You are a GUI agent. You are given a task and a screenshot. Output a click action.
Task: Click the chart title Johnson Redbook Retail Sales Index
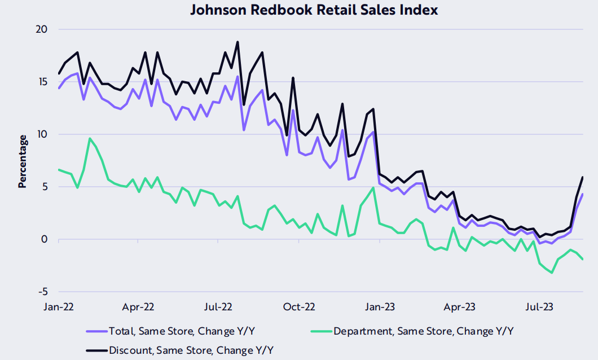tap(314, 10)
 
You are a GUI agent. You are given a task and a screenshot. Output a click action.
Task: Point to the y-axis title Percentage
tap(23, 161)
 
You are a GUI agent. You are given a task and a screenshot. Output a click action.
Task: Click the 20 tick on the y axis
tap(42, 29)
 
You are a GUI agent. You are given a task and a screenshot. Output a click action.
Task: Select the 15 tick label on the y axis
tap(42, 82)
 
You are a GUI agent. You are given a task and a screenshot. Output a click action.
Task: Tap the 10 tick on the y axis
tap(42, 134)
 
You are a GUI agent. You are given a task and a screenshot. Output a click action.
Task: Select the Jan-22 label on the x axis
tap(59, 308)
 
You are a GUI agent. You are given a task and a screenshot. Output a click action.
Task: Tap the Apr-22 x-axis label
tap(138, 308)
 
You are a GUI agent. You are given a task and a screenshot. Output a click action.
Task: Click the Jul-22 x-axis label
tap(218, 308)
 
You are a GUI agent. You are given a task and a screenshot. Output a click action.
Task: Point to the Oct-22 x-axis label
tap(299, 308)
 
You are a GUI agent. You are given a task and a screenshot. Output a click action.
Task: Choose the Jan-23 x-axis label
tap(380, 308)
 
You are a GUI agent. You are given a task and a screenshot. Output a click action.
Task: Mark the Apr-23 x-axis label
tap(459, 308)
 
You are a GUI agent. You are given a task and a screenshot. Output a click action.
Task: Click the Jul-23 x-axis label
tap(539, 308)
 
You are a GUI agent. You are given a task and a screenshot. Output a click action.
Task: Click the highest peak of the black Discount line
tap(238, 42)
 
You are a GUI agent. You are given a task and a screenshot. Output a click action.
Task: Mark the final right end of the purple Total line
tap(582, 195)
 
